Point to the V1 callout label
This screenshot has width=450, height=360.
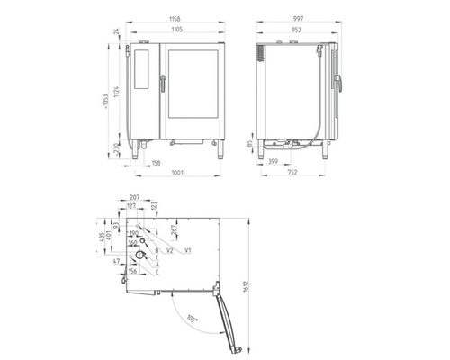(x=187, y=249)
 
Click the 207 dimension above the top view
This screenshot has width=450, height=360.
(x=134, y=197)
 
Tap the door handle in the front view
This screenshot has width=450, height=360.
(x=162, y=83)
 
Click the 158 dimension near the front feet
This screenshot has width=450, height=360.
(x=157, y=163)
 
